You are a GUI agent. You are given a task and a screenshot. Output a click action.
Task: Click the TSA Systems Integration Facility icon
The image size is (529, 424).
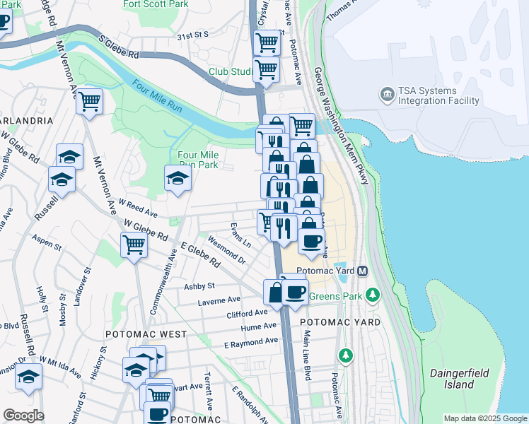tap(387, 94)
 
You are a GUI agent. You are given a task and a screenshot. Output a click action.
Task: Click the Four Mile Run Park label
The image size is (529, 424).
tap(198, 160)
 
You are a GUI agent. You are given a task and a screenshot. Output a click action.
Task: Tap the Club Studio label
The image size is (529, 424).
tap(231, 72)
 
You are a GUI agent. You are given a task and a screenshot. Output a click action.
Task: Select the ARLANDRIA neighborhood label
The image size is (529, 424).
tap(26, 121)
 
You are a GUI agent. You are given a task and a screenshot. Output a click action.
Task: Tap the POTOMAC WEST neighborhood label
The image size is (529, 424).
tap(146, 334)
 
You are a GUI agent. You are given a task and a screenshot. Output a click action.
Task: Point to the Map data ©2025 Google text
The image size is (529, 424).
tap(485, 418)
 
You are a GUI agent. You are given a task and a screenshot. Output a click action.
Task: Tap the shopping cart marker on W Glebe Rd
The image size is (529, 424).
tap(133, 245)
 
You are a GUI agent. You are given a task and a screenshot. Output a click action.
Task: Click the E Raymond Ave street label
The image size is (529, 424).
tap(250, 343)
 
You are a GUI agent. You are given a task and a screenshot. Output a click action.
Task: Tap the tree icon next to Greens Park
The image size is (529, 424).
tap(373, 293)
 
